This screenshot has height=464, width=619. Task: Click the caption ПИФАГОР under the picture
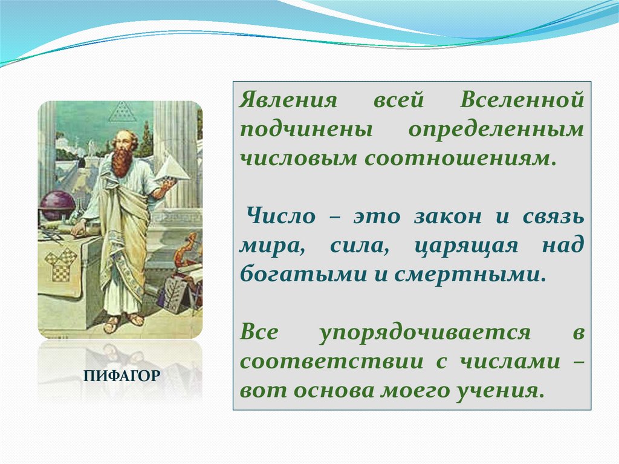[122, 376]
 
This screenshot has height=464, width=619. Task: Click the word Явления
[288, 100]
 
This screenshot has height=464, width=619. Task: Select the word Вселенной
[522, 100]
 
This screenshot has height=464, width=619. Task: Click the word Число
[281, 216]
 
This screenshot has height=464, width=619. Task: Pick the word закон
[448, 217]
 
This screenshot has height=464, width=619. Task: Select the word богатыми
[303, 274]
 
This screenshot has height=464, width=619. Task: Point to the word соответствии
[331, 362]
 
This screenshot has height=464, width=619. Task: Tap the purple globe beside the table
[57, 206]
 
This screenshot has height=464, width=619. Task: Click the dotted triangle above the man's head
[120, 111]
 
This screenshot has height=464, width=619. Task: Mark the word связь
[553, 217]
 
